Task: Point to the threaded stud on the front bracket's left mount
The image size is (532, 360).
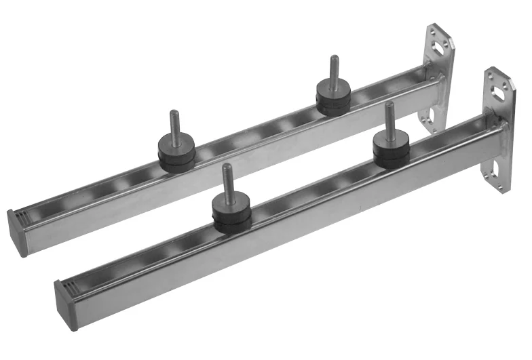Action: (x=227, y=178)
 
